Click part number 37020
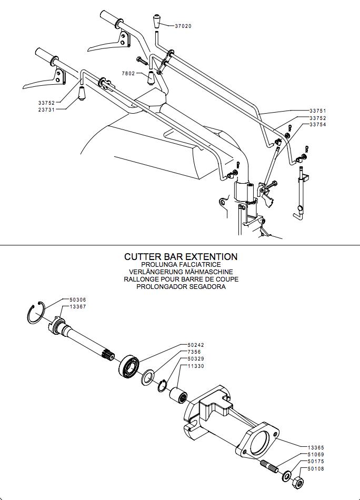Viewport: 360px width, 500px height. pyautogui.click(x=183, y=25)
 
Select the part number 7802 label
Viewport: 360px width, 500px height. pyautogui.click(x=128, y=73)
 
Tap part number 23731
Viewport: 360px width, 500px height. pyautogui.click(x=46, y=109)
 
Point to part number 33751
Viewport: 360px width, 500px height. pyautogui.click(x=318, y=111)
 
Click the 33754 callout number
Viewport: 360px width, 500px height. pyautogui.click(x=318, y=125)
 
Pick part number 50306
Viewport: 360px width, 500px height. pyautogui.click(x=78, y=299)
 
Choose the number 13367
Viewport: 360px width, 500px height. pyautogui.click(x=78, y=306)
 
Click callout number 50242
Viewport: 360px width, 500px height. pyautogui.click(x=196, y=345)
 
